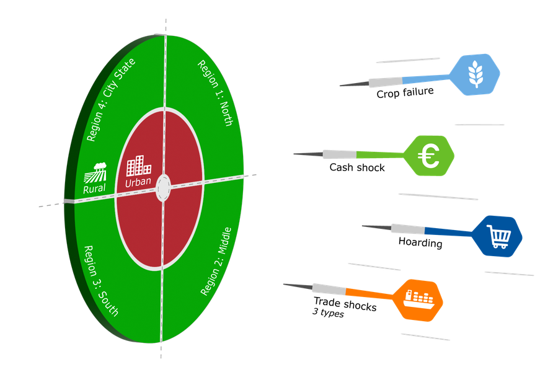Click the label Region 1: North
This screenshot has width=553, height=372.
pos(215,93)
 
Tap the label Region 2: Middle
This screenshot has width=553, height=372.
pos(216,260)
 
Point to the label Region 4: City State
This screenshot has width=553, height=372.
pos(111,100)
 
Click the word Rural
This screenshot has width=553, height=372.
pos(95,188)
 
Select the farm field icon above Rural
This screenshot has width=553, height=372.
pos(97,172)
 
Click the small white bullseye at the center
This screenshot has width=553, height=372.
pos(163,187)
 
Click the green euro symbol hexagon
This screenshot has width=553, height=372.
pos(429,156)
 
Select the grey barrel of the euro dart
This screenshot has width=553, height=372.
pos(340,154)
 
